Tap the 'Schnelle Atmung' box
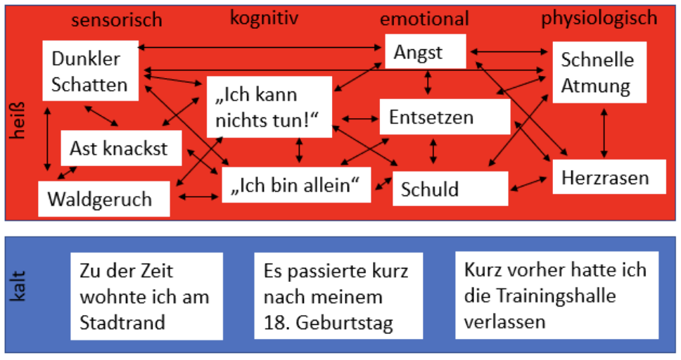click(597, 73)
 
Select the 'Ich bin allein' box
click(296, 185)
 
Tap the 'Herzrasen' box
click(605, 178)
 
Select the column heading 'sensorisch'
click(117, 20)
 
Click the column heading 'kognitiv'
click(264, 18)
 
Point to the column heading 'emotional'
click(424, 18)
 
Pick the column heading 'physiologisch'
click(599, 18)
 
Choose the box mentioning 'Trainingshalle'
click(556, 295)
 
